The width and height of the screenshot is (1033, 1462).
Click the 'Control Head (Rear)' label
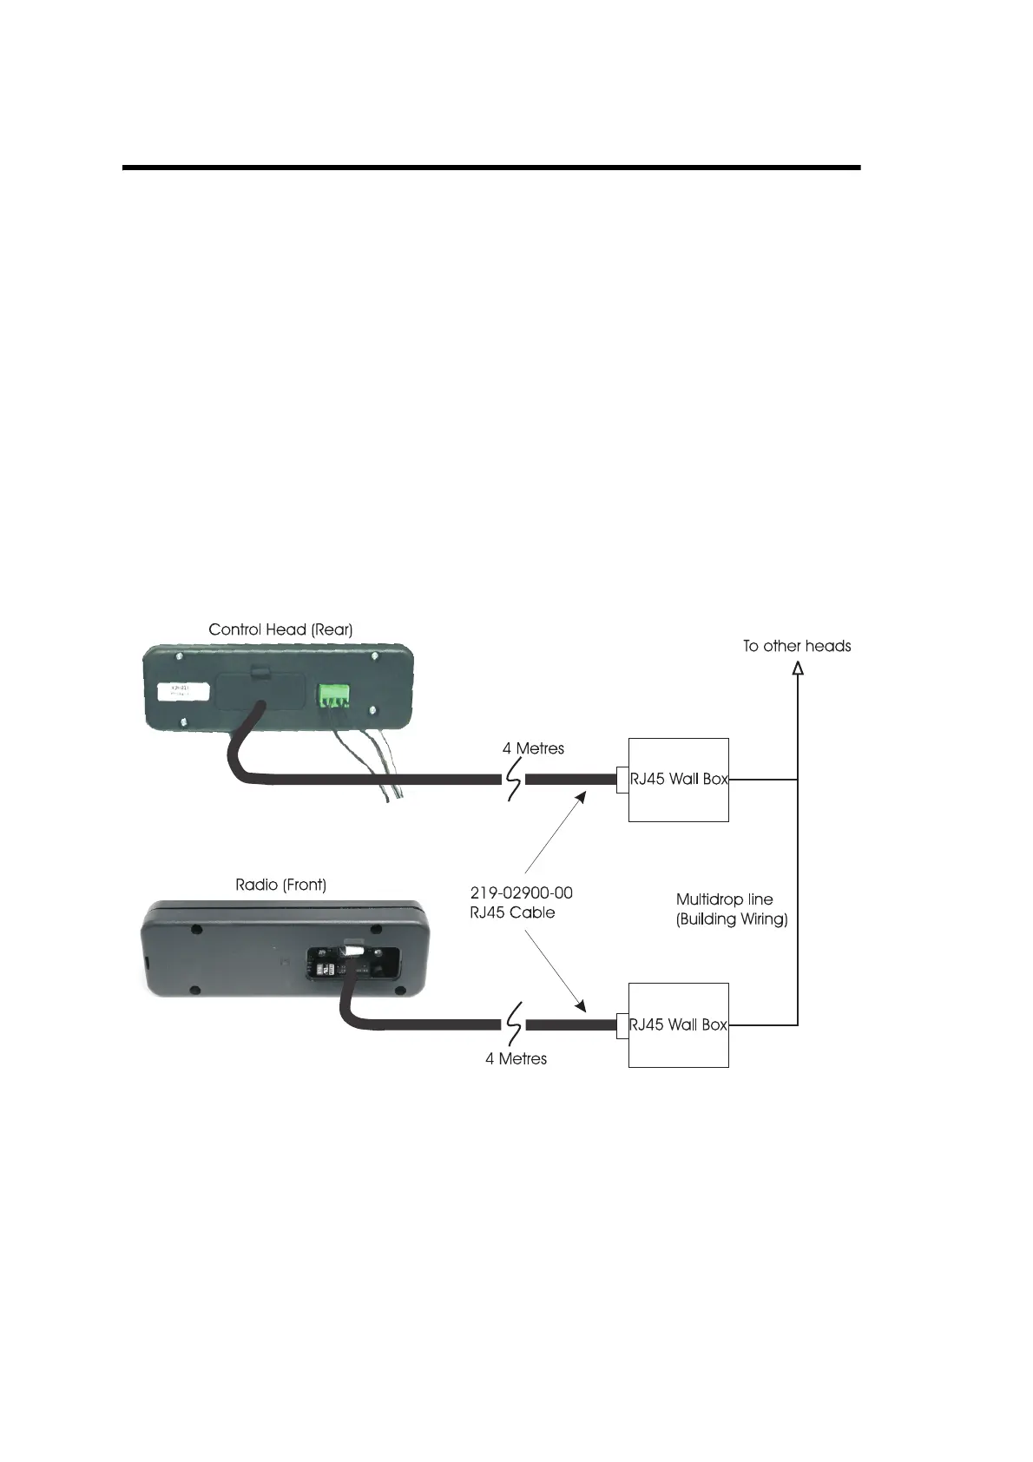click(x=280, y=629)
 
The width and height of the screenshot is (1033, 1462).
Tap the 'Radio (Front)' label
click(x=280, y=886)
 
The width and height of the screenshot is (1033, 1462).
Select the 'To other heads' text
click(x=796, y=646)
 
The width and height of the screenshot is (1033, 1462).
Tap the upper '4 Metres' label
click(x=533, y=748)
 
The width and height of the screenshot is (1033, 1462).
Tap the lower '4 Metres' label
click(x=516, y=1058)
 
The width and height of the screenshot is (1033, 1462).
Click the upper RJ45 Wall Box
click(x=678, y=779)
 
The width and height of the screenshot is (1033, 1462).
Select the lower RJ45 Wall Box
click(x=678, y=1024)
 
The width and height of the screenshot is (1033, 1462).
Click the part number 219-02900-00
click(x=521, y=892)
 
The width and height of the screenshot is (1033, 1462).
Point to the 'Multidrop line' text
click(x=724, y=899)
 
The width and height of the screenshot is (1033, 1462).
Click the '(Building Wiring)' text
click(x=732, y=919)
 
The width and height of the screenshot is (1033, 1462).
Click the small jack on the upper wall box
click(x=622, y=780)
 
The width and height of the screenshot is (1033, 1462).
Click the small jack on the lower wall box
click(x=622, y=1025)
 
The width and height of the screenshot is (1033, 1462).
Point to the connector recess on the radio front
click(x=356, y=962)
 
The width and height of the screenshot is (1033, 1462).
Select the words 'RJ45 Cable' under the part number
click(x=512, y=912)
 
